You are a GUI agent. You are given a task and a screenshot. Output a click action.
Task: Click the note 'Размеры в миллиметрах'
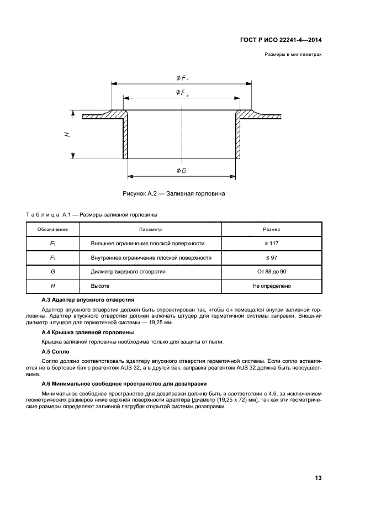(x=293, y=55)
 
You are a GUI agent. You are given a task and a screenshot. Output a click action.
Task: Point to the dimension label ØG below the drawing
(x=181, y=171)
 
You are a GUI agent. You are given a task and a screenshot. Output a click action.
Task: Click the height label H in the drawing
(x=66, y=134)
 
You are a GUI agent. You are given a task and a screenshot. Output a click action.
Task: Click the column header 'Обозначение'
(x=52, y=229)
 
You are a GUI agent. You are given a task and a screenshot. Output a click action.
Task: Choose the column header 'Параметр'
(x=150, y=229)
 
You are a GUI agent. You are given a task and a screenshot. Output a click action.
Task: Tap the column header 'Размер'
(x=271, y=229)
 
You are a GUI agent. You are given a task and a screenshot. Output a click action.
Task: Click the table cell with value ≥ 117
(x=271, y=243)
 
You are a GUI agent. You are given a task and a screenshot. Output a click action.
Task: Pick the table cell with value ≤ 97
(x=271, y=257)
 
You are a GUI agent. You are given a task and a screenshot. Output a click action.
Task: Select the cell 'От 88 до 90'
(x=271, y=272)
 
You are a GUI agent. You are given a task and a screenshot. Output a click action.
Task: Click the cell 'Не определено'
(x=271, y=286)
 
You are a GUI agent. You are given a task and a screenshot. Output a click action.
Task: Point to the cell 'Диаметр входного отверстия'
(x=121, y=272)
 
